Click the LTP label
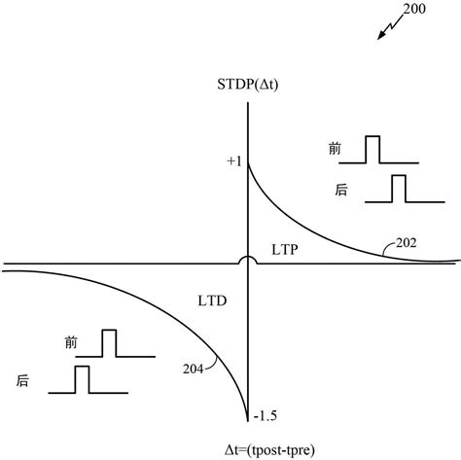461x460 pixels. (x=284, y=249)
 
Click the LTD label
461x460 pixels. (x=212, y=302)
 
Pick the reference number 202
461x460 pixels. (x=408, y=244)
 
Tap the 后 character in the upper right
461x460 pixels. (x=339, y=191)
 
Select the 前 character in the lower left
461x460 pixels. (x=69, y=342)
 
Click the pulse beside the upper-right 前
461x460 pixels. (x=373, y=150)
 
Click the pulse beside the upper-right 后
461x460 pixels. (x=399, y=190)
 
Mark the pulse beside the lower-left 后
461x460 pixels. (x=82, y=379)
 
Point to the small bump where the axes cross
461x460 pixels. (x=250, y=260)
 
